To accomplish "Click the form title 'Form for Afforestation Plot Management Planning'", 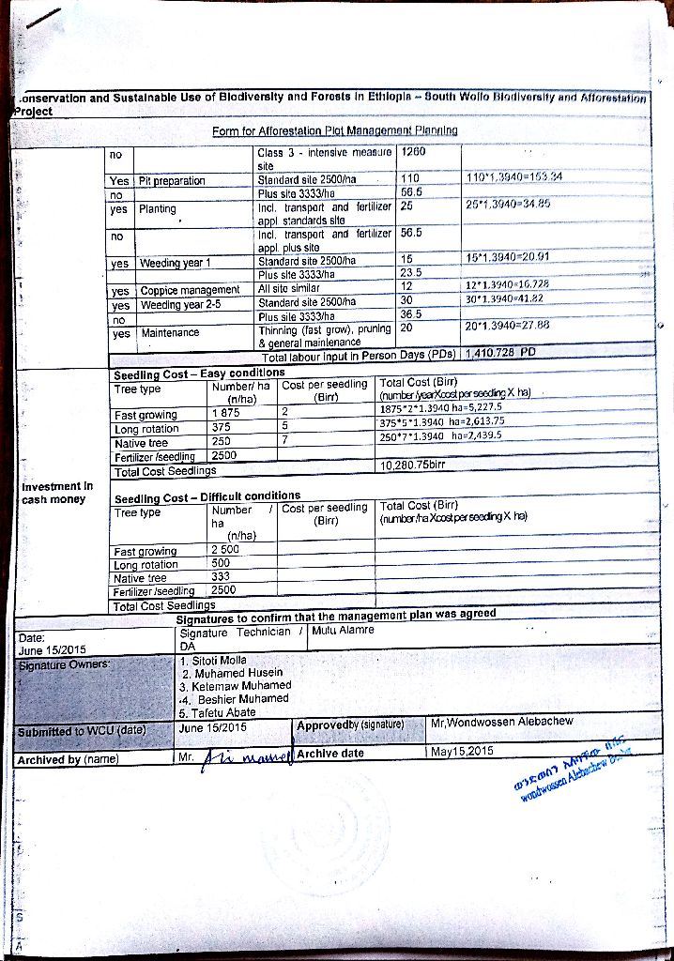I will click(335, 130).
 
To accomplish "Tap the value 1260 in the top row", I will click(413, 152).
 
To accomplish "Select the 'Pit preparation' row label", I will click(172, 180).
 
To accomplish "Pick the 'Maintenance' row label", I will click(170, 332).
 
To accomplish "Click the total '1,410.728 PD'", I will click(500, 355).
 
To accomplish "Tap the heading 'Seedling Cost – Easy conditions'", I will click(199, 374).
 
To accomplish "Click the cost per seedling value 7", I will click(283, 442).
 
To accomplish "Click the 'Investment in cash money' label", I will click(57, 493).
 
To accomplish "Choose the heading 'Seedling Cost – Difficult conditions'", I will click(207, 496).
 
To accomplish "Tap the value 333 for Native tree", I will click(222, 577).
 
